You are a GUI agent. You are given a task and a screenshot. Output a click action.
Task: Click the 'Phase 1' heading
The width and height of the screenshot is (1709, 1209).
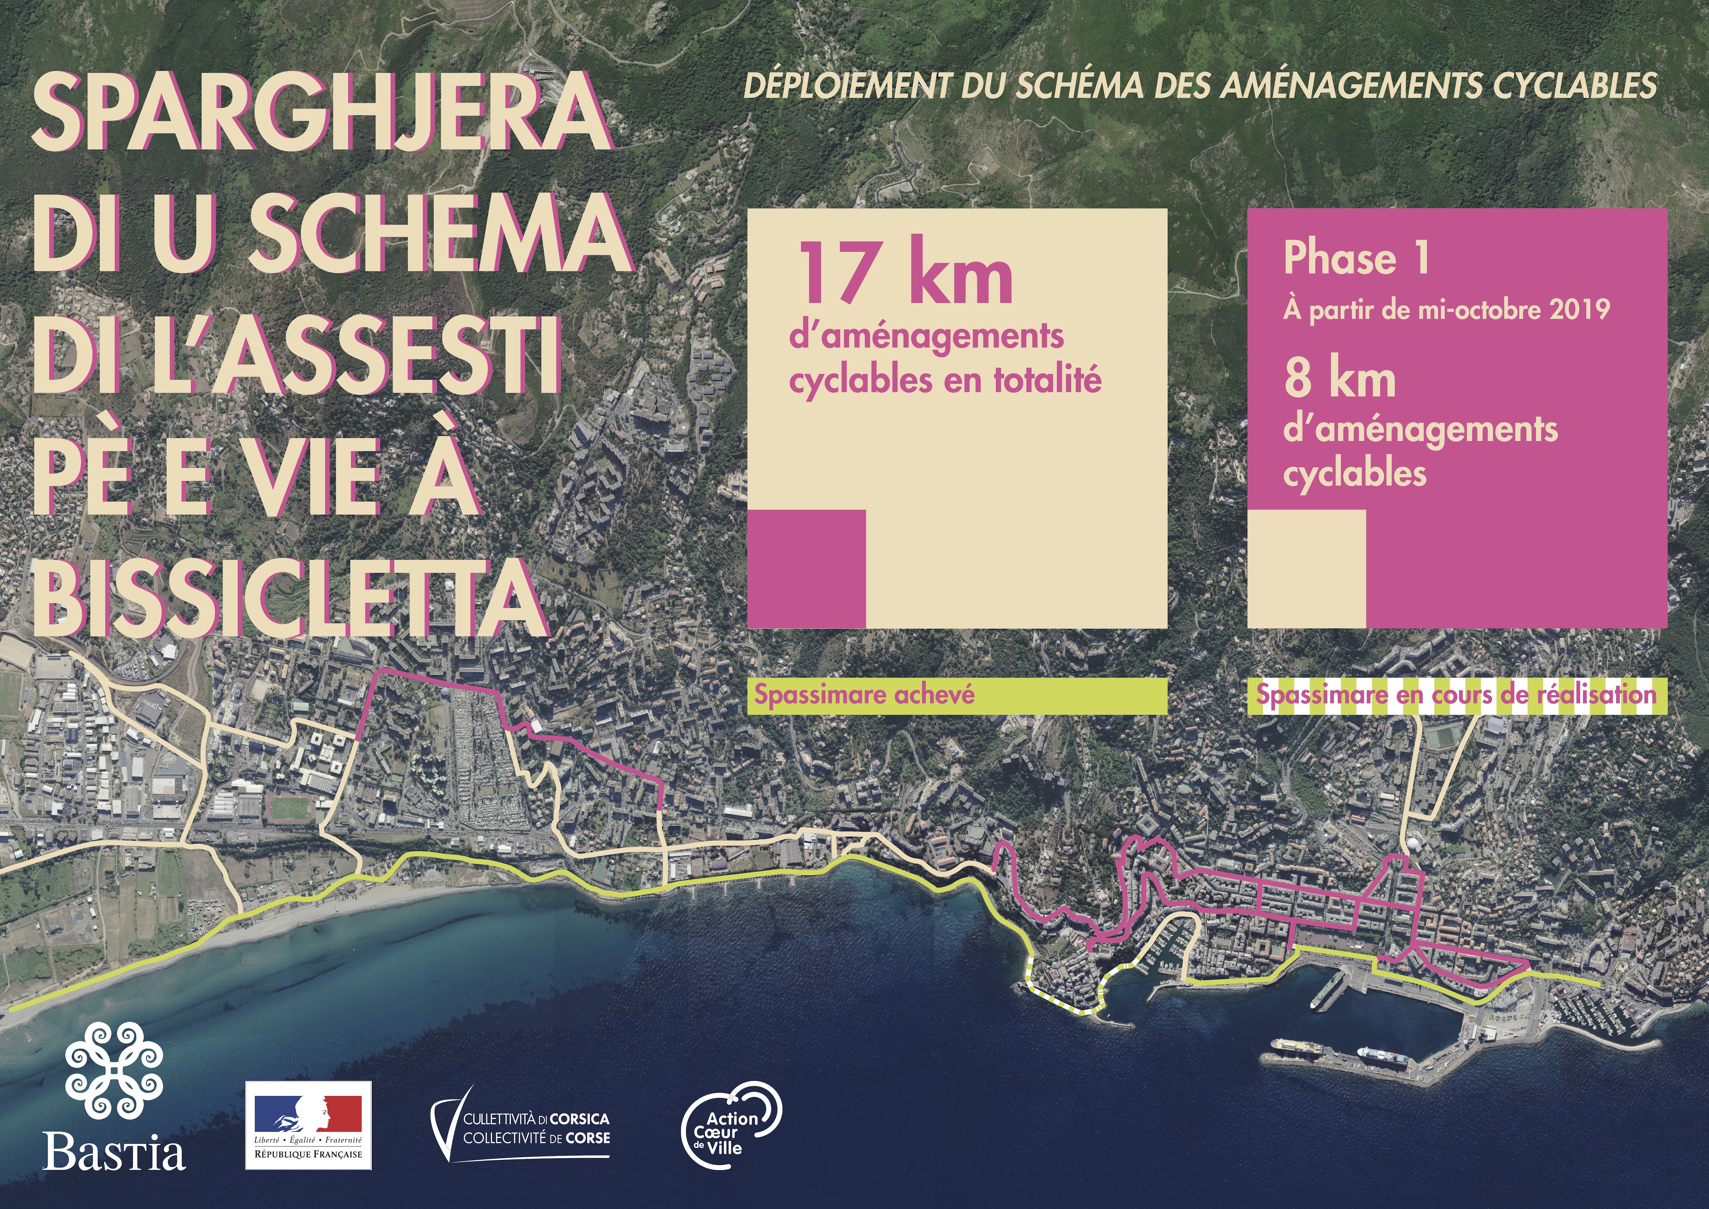pos(1356,258)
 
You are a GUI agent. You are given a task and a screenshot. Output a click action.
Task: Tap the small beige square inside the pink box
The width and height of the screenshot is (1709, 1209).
pos(1306,569)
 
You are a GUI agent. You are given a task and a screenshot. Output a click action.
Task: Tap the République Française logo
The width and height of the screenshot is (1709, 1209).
pos(308,1125)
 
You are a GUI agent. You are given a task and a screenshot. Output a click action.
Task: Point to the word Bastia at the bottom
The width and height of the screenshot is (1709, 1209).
pos(114,1152)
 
